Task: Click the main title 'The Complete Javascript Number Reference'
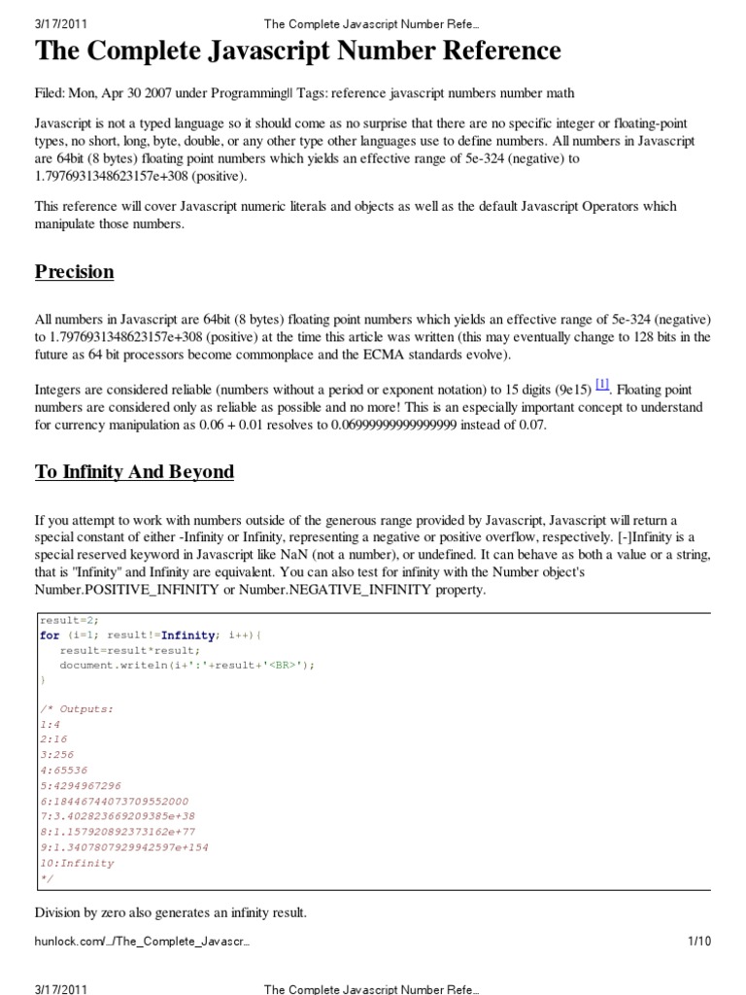[x=298, y=51]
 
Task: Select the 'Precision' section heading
[x=75, y=272]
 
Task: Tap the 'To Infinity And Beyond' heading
[x=135, y=472]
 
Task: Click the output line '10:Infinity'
[x=77, y=863]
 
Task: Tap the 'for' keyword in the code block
[x=50, y=635]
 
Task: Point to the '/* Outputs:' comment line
[x=77, y=708]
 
